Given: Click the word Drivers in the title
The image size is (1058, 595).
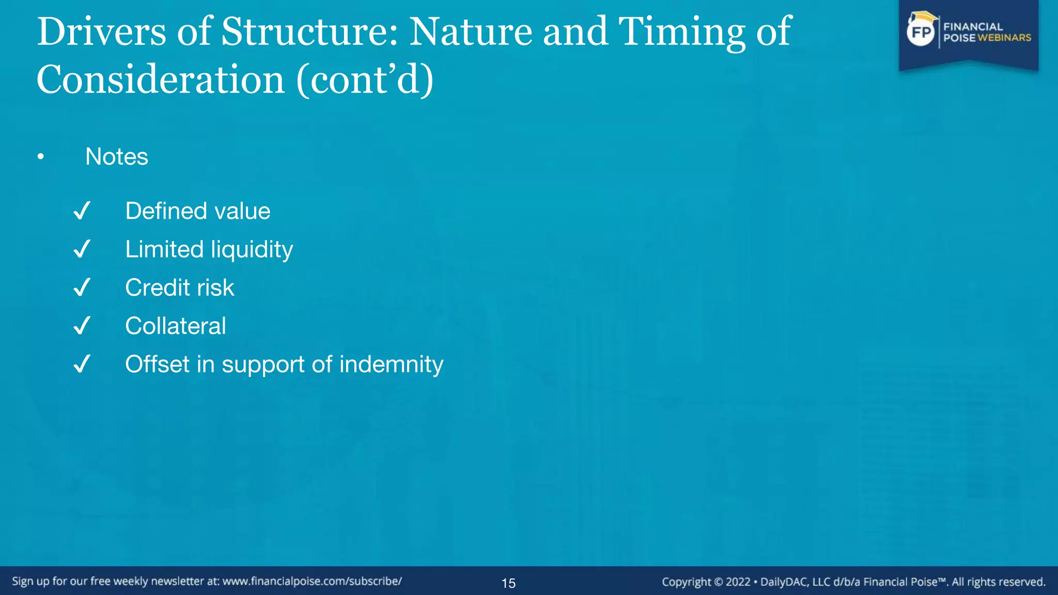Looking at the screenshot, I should tap(101, 32).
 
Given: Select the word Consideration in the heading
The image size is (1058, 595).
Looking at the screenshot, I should tap(160, 80).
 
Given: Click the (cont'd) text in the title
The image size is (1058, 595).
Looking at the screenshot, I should tap(365, 80).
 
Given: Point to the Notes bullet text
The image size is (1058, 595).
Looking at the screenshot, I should tap(116, 156).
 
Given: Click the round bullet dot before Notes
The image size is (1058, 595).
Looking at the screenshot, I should tap(41, 157).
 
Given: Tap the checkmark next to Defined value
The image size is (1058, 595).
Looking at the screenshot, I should tap(82, 211).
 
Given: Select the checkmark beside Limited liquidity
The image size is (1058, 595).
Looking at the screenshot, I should tap(82, 249).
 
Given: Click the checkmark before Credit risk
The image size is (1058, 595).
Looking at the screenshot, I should tap(82, 287).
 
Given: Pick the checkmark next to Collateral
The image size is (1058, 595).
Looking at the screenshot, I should tap(82, 326).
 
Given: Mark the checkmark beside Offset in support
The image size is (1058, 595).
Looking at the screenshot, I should tap(82, 364).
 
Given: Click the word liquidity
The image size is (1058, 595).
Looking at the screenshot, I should tap(252, 250).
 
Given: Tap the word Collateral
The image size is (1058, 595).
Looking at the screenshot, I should tap(176, 326).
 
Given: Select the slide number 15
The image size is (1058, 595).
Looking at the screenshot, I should tap(508, 583).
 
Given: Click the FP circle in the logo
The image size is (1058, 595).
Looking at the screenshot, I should tap(921, 33).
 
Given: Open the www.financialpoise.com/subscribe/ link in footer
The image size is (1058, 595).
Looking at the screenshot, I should tap(312, 582).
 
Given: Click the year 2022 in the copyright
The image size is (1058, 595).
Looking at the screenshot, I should tap(738, 582).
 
